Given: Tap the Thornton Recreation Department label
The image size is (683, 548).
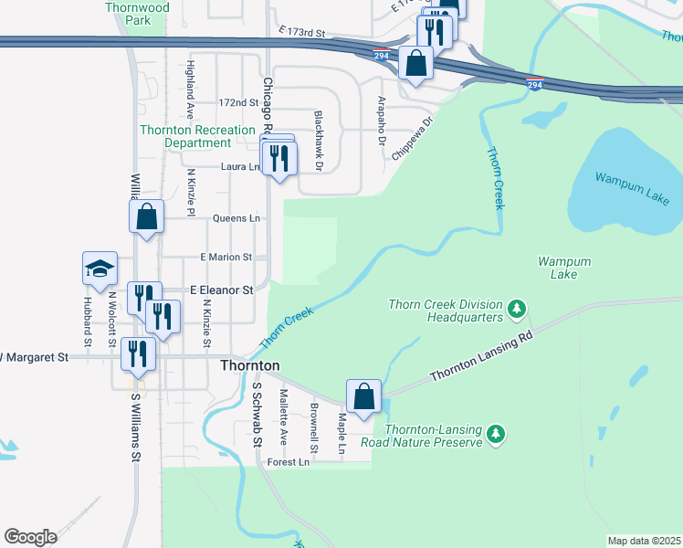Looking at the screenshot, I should [x=185, y=136].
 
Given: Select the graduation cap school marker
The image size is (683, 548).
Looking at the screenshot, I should [x=100, y=269].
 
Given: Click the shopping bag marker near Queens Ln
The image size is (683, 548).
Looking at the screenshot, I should [x=146, y=217].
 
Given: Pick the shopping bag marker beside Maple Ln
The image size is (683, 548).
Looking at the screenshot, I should [x=363, y=396].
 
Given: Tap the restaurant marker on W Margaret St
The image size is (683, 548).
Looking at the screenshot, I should [x=138, y=354].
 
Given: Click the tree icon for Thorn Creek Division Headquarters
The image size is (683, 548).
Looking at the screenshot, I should [x=517, y=310].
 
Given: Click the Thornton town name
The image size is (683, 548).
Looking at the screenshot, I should [x=249, y=364].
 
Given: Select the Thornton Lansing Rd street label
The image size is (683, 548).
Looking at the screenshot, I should [x=480, y=357].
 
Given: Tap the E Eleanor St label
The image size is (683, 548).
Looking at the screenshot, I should [x=221, y=290].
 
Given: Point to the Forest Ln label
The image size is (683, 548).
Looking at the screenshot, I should [x=289, y=463].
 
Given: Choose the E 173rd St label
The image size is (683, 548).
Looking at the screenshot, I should [x=303, y=32].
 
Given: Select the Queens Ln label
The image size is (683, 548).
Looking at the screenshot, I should [x=236, y=218].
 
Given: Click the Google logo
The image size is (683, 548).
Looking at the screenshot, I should [x=31, y=537].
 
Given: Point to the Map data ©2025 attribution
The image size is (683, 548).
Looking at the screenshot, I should [x=644, y=541].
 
